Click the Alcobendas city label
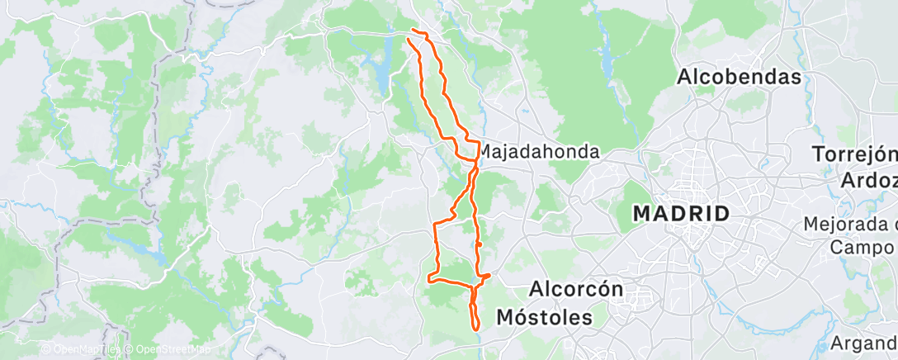[740, 77]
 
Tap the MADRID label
[681, 214]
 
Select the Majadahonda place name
[539, 153]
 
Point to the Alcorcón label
[574, 290]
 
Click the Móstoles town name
[545, 317]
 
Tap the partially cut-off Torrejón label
[854, 154]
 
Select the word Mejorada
[850, 224]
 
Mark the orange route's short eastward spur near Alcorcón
[487, 275]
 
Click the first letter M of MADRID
[642, 214]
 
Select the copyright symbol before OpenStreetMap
[130, 350]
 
